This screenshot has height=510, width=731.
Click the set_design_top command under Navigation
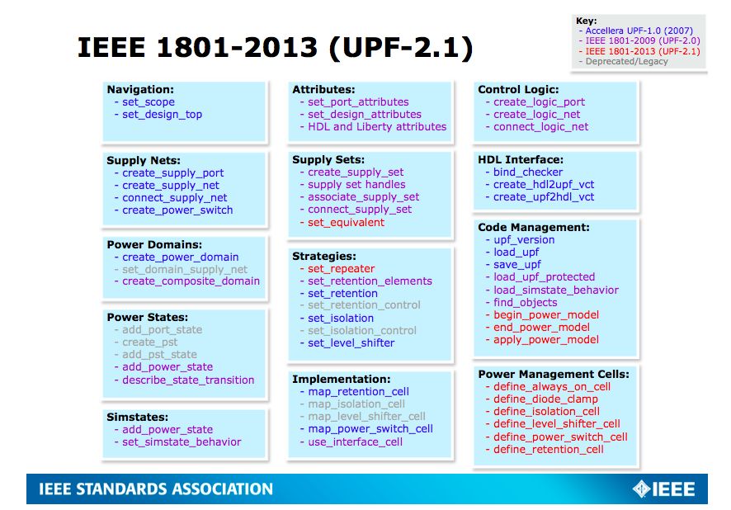click(x=162, y=115)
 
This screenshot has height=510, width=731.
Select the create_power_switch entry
click(x=177, y=210)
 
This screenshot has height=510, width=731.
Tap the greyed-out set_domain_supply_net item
click(x=185, y=269)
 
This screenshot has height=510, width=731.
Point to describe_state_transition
click(x=188, y=380)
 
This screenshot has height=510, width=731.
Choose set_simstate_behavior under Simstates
click(x=182, y=442)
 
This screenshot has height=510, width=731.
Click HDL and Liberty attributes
click(x=377, y=127)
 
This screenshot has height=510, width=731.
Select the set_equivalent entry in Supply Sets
click(x=346, y=222)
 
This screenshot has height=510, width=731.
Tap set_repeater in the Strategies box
click(x=341, y=269)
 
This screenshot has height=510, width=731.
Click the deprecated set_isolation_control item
click(x=362, y=331)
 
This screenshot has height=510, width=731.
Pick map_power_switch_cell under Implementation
click(x=370, y=429)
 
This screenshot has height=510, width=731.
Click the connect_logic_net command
click(x=540, y=127)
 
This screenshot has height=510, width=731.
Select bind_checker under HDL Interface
click(x=528, y=172)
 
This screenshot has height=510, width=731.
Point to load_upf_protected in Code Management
click(x=544, y=277)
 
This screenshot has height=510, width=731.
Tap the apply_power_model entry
click(x=546, y=340)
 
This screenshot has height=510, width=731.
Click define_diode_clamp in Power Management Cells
click(x=545, y=399)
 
